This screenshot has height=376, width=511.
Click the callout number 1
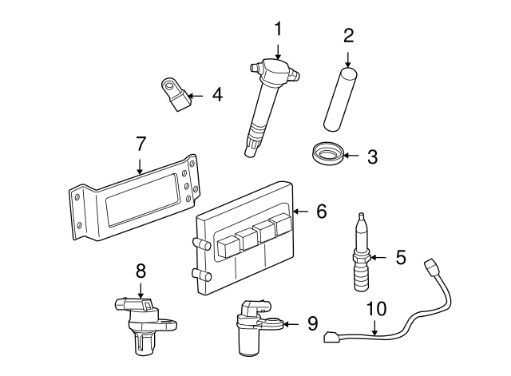tap(278, 30)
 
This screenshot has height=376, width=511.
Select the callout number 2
tap(348, 35)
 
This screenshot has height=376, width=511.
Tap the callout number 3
tap(372, 156)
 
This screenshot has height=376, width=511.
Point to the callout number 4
tap(217, 95)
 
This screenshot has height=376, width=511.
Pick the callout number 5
tap(401, 257)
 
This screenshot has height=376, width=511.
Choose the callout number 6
tap(321, 212)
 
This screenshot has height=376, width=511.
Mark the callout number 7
tap(141, 144)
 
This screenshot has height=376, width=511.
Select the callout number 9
tap(312, 323)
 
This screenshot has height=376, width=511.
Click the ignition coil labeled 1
tap(267, 100)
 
